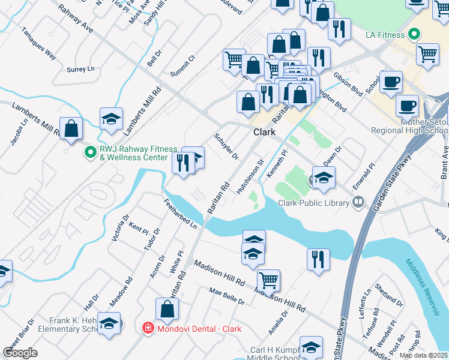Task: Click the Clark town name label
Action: tap(264, 132)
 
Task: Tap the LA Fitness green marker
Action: tap(413, 35)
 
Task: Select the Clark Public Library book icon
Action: tap(358, 202)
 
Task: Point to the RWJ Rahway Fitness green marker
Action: tap(90, 153)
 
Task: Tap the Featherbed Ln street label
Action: tap(181, 214)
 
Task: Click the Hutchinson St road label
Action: tap(250, 176)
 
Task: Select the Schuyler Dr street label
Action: tap(226, 146)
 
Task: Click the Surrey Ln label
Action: tap(81, 69)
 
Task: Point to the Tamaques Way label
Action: tap(38, 43)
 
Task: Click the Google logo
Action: tap(20, 353)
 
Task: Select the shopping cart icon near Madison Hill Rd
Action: tap(268, 279)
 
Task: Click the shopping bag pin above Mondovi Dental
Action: tap(167, 309)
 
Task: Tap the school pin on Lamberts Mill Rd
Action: tap(111, 119)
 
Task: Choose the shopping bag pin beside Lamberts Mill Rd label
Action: tap(71, 128)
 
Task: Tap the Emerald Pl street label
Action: tap(364, 173)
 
